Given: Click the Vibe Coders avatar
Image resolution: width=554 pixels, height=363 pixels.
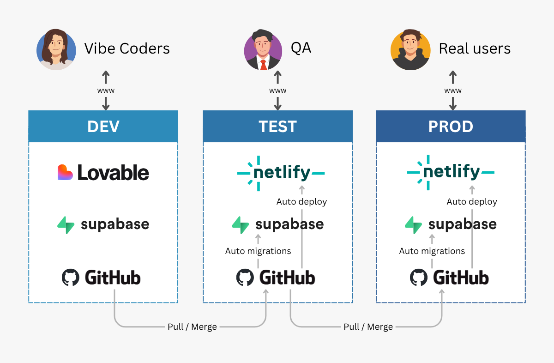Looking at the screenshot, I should (x=56, y=49).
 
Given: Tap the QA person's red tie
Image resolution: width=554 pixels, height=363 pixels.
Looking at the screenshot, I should (x=264, y=65).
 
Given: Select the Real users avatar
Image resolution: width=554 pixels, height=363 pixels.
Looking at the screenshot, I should (x=410, y=50).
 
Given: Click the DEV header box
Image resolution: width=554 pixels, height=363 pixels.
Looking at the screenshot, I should (x=103, y=126).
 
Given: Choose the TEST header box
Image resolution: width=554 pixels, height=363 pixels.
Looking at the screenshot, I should (x=277, y=126).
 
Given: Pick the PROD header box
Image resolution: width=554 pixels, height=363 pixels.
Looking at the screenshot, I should (x=451, y=126).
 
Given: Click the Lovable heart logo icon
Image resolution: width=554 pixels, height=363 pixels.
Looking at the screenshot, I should (x=65, y=173).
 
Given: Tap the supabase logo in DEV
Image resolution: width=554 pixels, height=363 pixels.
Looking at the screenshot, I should (x=103, y=224).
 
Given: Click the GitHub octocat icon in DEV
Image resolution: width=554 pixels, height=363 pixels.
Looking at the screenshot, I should (x=71, y=278).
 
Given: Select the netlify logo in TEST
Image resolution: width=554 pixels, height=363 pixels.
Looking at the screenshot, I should (x=281, y=173).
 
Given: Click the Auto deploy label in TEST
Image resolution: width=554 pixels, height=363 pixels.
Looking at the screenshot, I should (x=301, y=202).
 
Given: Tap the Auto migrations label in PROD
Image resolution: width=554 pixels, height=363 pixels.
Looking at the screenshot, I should (x=432, y=251).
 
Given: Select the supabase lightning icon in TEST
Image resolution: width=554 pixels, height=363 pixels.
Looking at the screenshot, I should (x=241, y=225).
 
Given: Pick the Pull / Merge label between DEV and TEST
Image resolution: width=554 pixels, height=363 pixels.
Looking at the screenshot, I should (x=192, y=327).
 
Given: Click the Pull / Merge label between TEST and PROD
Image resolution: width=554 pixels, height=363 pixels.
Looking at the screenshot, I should (x=368, y=327).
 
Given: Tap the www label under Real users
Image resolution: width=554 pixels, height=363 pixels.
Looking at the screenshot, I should (x=453, y=91).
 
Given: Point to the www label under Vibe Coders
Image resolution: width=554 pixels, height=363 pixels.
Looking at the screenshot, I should (x=106, y=91).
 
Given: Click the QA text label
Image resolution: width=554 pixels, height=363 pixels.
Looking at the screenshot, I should (x=301, y=48).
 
